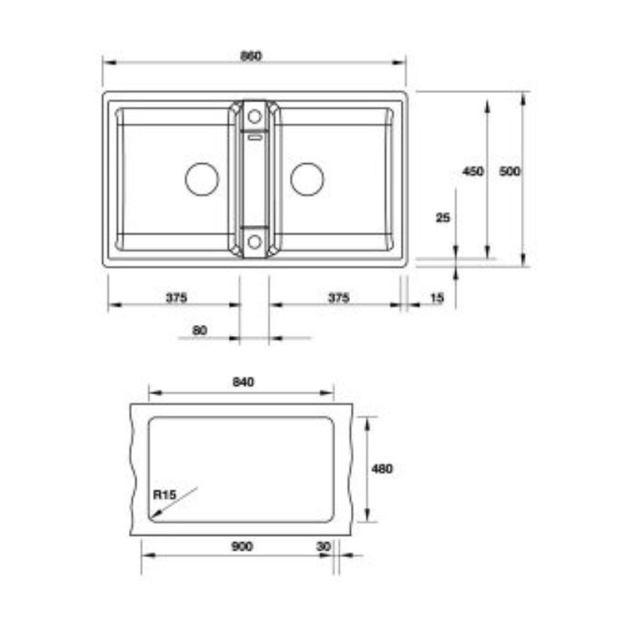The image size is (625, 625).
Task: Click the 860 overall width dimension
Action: coord(251,56)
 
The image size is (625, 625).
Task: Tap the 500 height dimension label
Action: coord(509,171)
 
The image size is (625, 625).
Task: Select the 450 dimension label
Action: coord(473,171)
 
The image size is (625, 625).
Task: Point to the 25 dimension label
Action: coord(442,218)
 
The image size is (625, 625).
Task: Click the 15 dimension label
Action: coord(437,298)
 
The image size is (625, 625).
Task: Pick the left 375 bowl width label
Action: coord(177,298)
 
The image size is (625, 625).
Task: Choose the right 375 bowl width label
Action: coord(338,298)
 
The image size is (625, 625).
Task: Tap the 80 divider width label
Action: coord(200,330)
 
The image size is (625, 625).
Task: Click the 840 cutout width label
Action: coord(243,382)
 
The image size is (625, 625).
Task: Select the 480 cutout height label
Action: coord(382,469)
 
